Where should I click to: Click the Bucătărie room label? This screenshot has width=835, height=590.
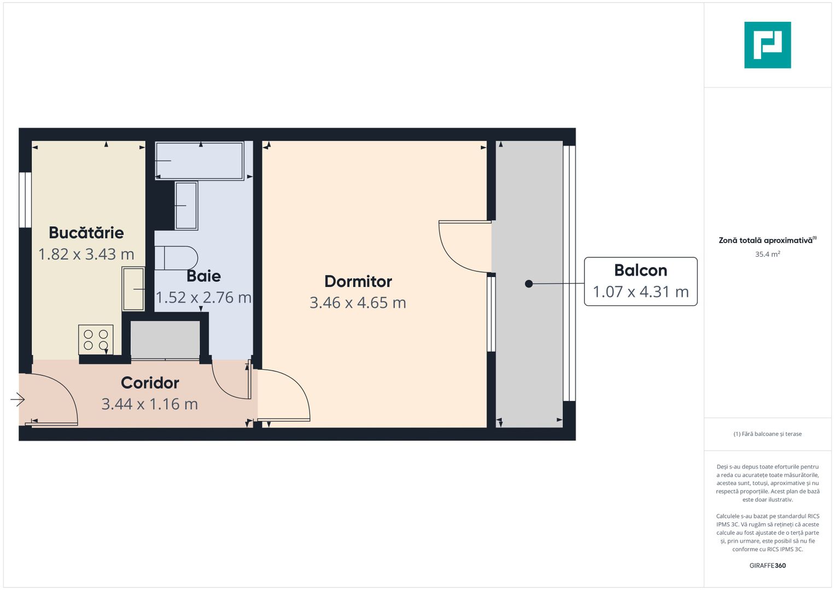(86, 233)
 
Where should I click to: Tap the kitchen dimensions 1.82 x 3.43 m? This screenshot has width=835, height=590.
(86, 254)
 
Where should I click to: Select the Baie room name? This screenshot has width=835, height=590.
(203, 276)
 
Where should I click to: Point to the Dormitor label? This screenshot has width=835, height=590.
(358, 281)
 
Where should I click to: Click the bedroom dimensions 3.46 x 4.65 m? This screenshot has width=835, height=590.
(358, 303)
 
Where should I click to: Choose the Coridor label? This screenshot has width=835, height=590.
(150, 383)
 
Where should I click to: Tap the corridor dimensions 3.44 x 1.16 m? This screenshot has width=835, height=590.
(149, 404)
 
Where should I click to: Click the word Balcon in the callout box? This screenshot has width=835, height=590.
(640, 270)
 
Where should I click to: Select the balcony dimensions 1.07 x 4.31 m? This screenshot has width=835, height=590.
(640, 292)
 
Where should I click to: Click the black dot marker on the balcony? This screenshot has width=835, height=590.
(529, 284)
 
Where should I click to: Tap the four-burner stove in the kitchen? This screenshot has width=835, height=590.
(96, 340)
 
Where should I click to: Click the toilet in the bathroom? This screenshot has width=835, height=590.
(176, 258)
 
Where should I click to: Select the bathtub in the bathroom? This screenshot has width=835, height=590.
(200, 161)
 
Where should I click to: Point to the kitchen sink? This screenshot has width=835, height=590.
(133, 288)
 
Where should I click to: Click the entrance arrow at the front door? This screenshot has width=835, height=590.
(17, 400)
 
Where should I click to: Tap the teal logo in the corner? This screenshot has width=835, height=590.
(767, 45)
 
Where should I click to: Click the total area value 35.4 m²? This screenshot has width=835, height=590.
(767, 254)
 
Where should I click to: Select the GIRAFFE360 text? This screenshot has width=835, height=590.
(767, 565)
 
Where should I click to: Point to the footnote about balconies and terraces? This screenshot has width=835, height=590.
(767, 434)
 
